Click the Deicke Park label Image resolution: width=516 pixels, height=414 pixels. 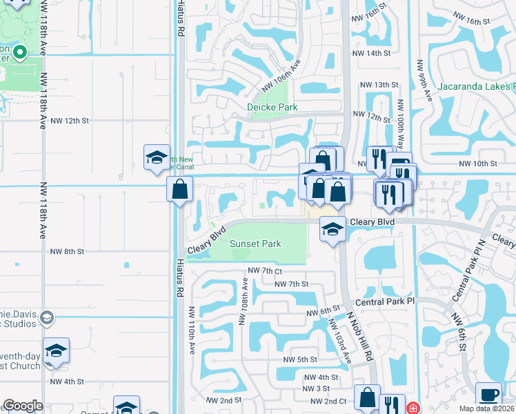(272, 108)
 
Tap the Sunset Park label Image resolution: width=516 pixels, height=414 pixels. (255, 244)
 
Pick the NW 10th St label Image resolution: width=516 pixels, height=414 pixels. (479, 164)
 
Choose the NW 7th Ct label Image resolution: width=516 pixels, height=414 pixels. (264, 271)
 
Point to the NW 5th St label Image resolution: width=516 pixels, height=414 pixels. (299, 359)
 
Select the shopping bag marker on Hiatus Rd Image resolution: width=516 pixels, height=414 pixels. (179, 190)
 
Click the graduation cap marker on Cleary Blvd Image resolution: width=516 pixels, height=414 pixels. (333, 230)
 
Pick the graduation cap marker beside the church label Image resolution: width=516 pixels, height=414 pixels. (56, 351)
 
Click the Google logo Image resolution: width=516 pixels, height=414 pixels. (22, 406)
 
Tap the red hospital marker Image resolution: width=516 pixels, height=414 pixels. (413, 408)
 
